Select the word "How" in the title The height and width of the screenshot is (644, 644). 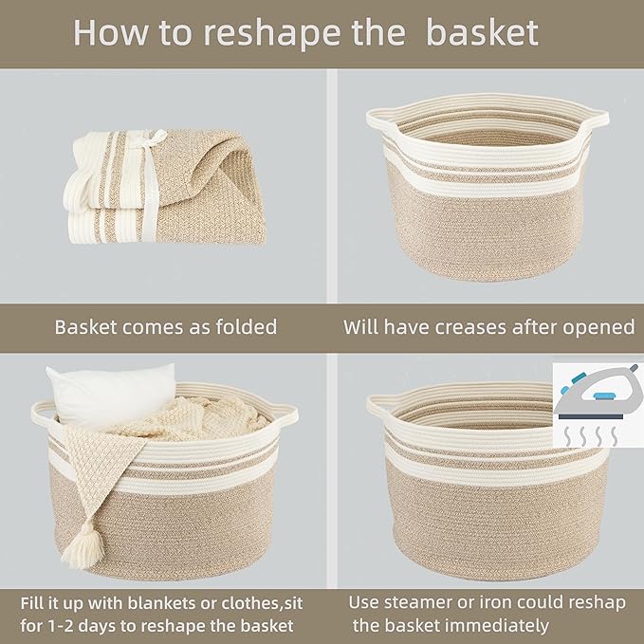point(107,32)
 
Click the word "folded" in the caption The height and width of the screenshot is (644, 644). point(244,327)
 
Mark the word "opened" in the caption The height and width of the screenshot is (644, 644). point(602,327)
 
